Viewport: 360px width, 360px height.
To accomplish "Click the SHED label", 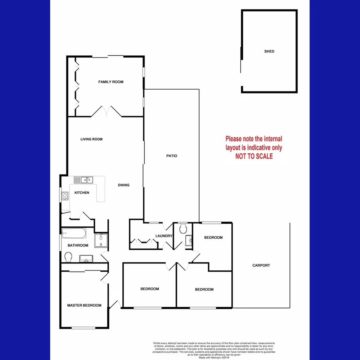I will point(269,51).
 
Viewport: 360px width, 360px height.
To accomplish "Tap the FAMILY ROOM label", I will point(111,82).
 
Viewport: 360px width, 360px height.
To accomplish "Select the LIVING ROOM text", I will point(92,139).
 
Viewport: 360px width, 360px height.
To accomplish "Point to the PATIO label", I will point(172,156).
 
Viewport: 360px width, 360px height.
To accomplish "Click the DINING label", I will point(124,185).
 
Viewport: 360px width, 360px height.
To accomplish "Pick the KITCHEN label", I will point(82,193).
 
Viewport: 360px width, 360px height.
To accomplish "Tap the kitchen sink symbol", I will point(83,180).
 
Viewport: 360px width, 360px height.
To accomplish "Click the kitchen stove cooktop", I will point(65,196).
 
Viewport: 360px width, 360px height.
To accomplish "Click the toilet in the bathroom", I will point(69,257).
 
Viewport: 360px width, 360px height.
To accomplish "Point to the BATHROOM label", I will point(78,245).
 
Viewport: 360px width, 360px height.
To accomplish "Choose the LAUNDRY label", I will point(163,236).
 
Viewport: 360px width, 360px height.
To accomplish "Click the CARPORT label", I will point(261,265).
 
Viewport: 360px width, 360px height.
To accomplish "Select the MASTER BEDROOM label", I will point(84,305).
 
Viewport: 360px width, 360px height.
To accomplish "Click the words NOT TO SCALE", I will point(254,156).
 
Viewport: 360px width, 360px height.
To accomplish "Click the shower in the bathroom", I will point(101,240).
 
